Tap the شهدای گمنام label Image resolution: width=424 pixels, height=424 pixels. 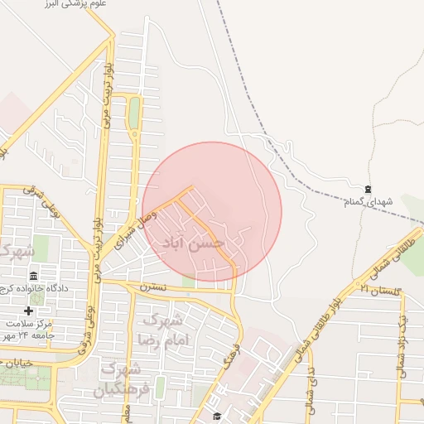coord(368,201)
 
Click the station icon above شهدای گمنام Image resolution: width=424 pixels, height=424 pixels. coord(368,189)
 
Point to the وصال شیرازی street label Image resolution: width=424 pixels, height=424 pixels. coord(134,227)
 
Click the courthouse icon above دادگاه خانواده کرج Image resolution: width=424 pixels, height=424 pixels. coord(33,276)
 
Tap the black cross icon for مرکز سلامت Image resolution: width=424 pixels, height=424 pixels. coord(27,311)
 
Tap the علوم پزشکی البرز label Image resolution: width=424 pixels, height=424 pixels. coord(79,4)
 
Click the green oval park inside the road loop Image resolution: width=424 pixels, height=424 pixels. coord(134,113)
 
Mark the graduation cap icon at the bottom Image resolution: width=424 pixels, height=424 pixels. coord(217,416)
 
